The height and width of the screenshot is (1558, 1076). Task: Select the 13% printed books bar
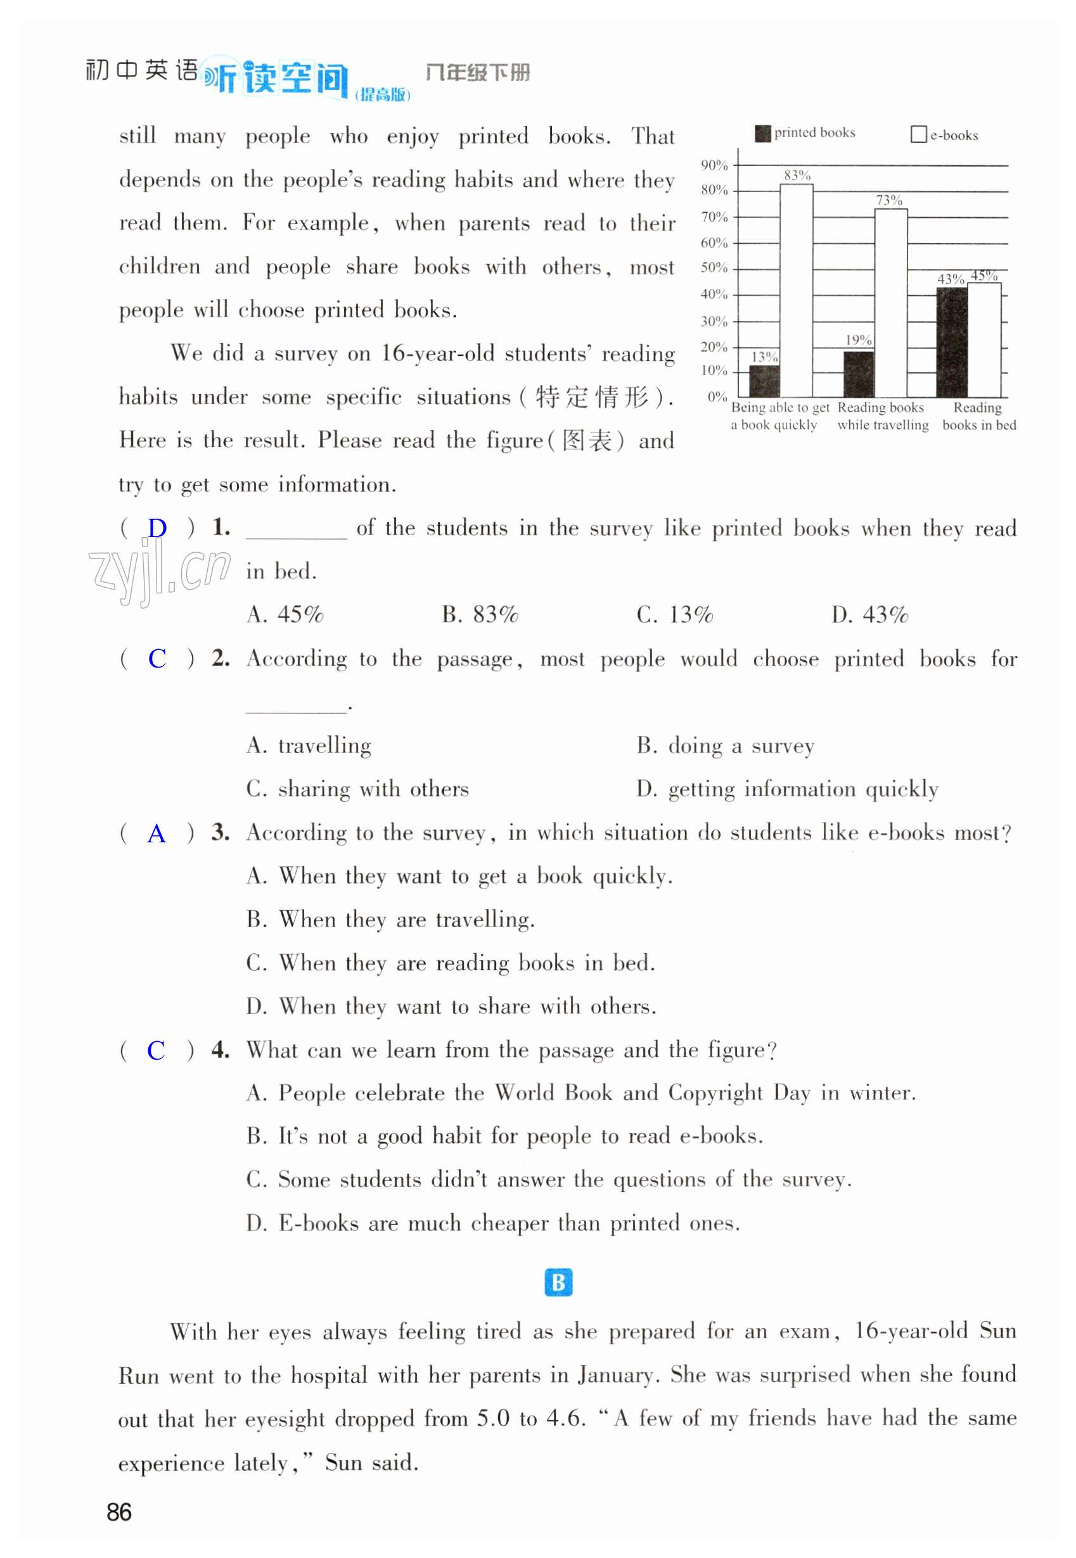pos(764,381)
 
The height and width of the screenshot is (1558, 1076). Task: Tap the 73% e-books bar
pos(890,303)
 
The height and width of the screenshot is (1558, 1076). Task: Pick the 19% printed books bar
pos(858,374)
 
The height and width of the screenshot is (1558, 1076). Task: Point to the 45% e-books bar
pos(983,339)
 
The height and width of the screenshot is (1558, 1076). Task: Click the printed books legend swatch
pos(762,134)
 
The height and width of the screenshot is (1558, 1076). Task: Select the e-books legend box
pos(918,135)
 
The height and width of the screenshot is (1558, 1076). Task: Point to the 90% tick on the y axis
pos(714,165)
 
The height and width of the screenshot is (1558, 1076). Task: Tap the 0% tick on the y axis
pos(717,397)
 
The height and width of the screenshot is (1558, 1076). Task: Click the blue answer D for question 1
pos(157,528)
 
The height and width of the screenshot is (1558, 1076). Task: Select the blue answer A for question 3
pos(157,834)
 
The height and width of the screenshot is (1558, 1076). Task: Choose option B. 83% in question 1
pos(480,614)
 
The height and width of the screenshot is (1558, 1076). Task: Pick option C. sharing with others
pos(357,789)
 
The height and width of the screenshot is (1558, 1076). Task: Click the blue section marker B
pos(558,1282)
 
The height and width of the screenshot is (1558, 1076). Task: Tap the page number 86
pos(119,1512)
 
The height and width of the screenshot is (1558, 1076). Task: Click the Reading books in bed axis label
pos(979,417)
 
